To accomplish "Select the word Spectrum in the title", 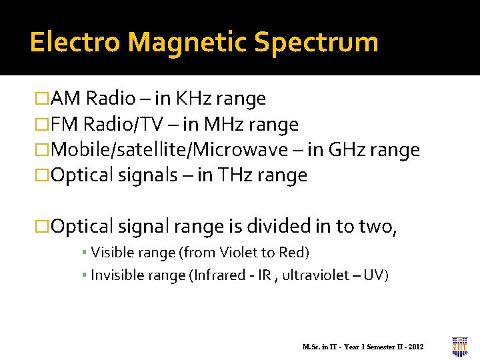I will tap(316, 42).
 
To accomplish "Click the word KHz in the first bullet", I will tap(193, 99).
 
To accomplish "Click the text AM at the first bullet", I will tap(65, 99).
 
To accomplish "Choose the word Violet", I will tap(245, 253).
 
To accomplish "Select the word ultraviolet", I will tap(319, 275).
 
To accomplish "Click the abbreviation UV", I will tap(379, 275).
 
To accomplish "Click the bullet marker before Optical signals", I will tap(42, 176).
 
